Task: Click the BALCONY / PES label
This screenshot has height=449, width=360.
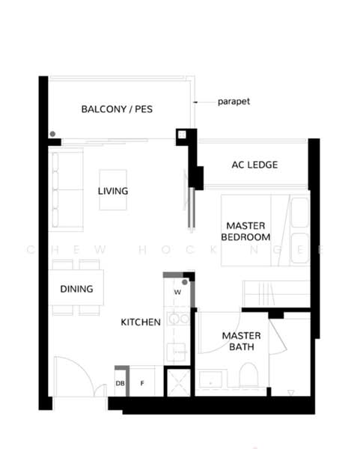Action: pos(117,109)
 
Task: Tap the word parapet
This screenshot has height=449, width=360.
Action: pos(234,102)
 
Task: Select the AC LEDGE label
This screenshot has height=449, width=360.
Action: pos(254,165)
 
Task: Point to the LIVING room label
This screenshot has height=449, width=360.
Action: pos(113,191)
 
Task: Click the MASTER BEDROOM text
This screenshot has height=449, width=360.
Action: pos(245,231)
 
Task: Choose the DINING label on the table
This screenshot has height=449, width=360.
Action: pos(76,289)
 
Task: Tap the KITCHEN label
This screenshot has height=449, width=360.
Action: pos(141,322)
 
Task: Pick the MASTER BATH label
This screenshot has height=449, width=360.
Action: pos(242,341)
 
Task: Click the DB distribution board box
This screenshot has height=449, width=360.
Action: pos(120,382)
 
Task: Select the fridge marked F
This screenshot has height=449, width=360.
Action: pos(142,382)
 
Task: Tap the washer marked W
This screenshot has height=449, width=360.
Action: pos(177,292)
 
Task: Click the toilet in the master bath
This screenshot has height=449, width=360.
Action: pos(248,375)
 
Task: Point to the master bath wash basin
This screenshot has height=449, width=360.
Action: pos(210,379)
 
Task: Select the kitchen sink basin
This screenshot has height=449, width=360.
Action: pos(176,352)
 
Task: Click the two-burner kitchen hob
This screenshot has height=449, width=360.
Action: pos(178,319)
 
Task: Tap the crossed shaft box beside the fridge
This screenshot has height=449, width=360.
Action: pos(178,383)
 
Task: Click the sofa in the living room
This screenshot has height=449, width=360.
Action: pos(66,190)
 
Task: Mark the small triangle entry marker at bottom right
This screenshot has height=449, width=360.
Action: pos(291,392)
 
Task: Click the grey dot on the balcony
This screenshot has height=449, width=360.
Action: pos(52,134)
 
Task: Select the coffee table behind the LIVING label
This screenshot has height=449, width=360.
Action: pos(113,190)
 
